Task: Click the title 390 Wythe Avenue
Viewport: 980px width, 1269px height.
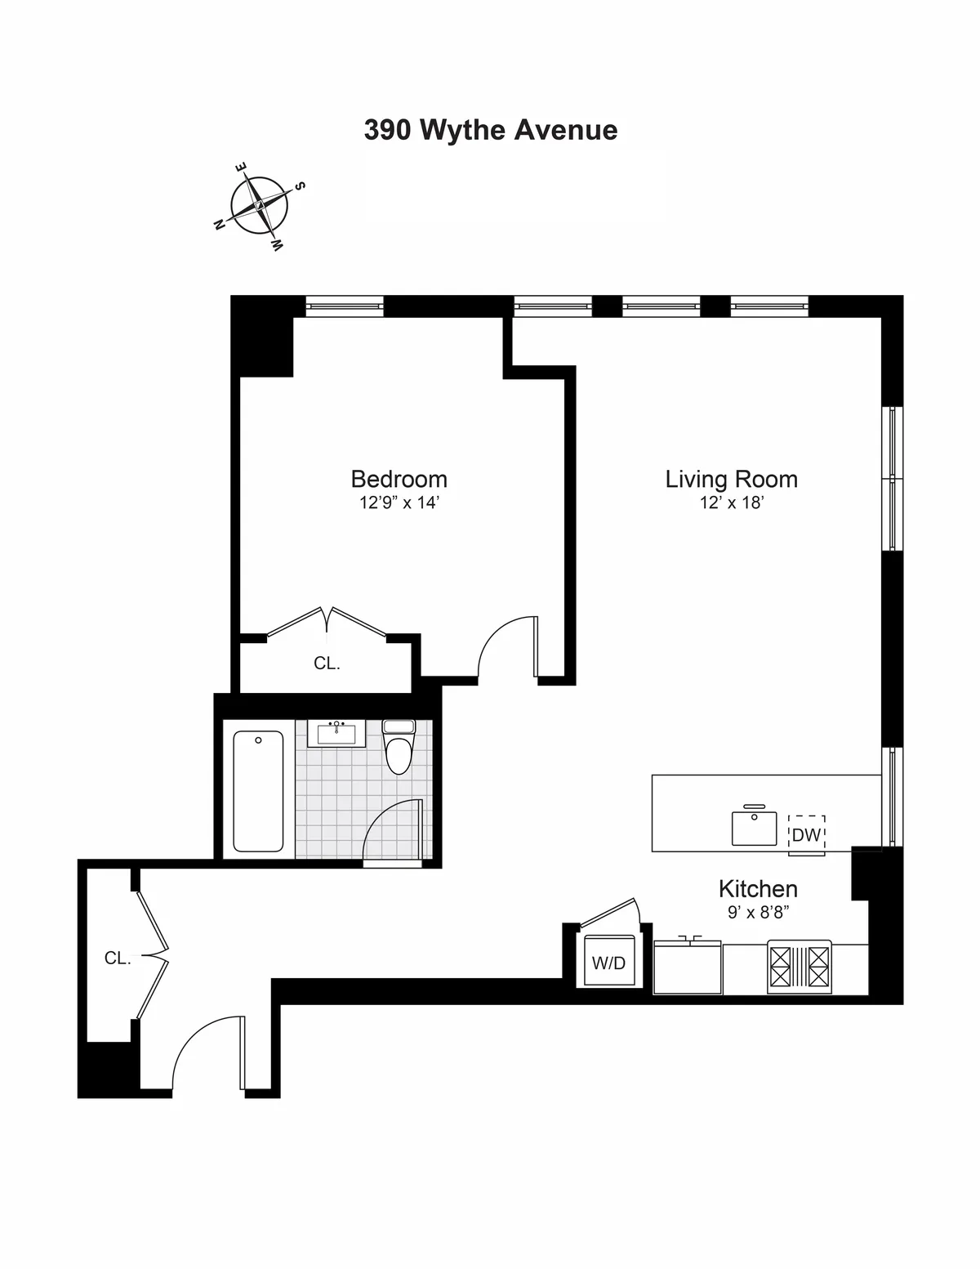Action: click(490, 130)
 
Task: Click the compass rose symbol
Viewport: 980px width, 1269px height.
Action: click(259, 205)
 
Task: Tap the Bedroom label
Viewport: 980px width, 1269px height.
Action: click(399, 479)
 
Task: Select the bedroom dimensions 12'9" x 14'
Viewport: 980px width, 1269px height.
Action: click(399, 503)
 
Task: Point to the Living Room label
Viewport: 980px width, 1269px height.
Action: click(731, 479)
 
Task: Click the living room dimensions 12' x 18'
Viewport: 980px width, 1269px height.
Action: click(731, 503)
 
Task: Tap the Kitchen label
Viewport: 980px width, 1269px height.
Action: click(757, 888)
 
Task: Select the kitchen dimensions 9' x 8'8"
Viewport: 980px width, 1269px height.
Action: click(757, 912)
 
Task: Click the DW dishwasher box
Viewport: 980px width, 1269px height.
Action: click(806, 834)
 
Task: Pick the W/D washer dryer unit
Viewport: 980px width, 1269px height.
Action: click(608, 962)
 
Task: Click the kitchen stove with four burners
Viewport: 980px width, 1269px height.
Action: click(799, 967)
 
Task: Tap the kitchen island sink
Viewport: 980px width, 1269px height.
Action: click(754, 827)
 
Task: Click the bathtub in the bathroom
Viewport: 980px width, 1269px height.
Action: click(258, 791)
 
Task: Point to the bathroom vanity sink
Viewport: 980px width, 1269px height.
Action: click(336, 733)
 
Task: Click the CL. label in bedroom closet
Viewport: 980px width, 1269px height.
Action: click(327, 664)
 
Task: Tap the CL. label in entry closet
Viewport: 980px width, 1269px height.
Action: click(118, 958)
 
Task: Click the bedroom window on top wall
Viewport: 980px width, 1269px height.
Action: click(344, 307)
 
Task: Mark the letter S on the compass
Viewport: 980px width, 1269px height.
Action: click(300, 186)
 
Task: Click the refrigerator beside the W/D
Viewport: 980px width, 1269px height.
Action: click(688, 967)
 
